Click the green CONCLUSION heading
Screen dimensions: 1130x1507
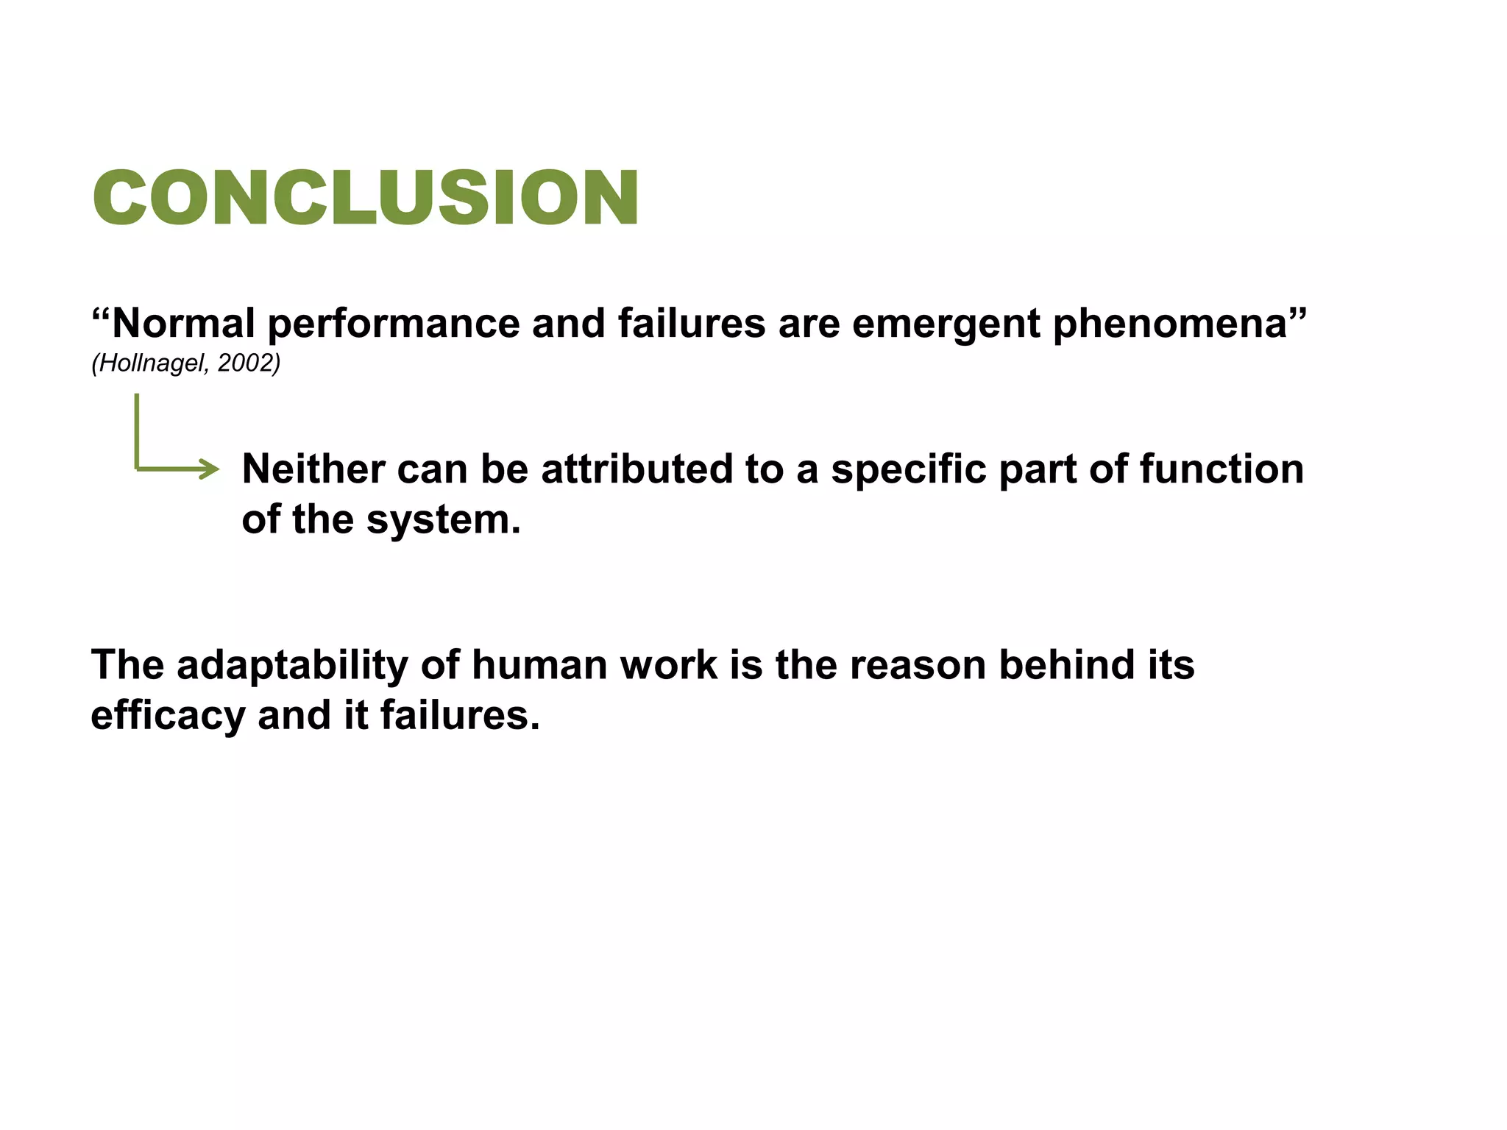366,197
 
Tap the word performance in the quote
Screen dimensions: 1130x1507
393,324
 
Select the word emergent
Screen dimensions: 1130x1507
946,324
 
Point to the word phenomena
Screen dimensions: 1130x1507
1170,324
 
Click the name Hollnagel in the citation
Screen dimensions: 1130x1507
152,363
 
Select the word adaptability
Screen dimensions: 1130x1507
292,665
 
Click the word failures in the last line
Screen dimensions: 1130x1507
460,715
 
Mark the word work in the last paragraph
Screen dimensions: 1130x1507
668,665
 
